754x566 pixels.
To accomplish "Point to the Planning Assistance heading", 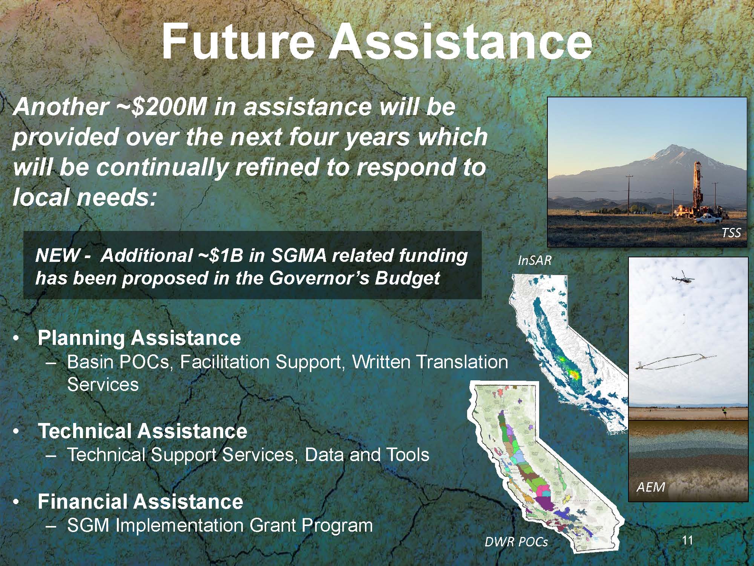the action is [x=139, y=338].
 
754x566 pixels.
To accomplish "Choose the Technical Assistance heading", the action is [x=143, y=431].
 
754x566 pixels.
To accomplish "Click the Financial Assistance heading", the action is [x=140, y=501].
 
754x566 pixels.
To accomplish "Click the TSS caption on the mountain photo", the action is [x=731, y=233].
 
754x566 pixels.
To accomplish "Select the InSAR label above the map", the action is [x=535, y=260].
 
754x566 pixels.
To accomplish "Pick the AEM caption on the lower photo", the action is [x=651, y=487].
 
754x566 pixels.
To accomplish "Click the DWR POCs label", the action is [x=516, y=542].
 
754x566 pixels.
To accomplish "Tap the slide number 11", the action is [x=688, y=541].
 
